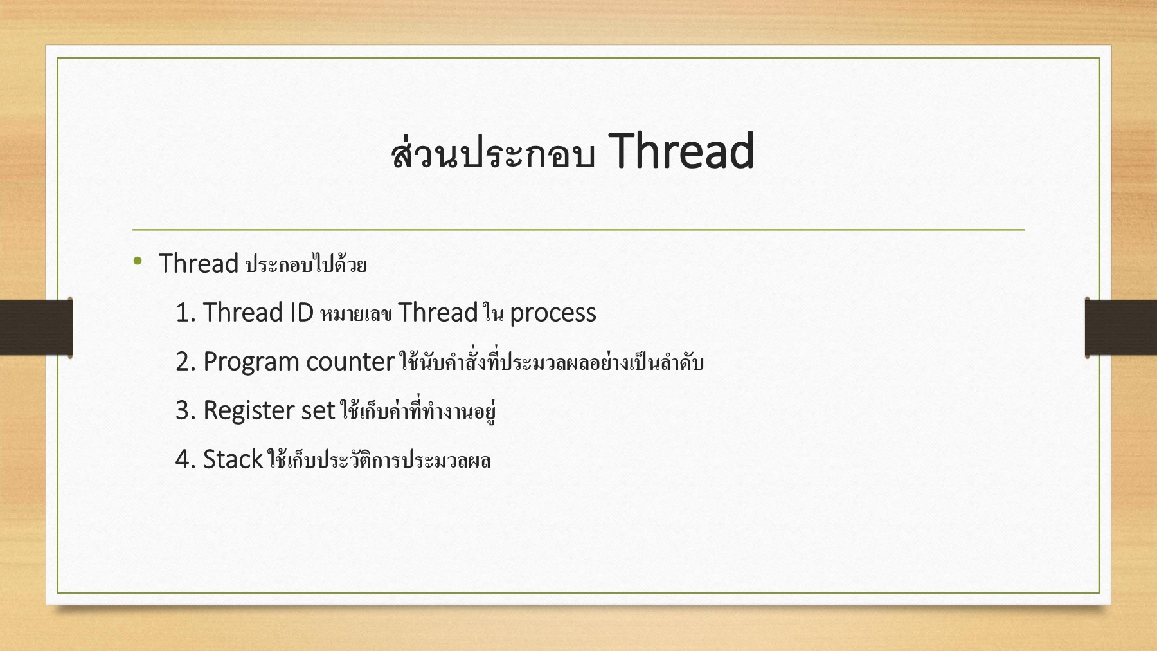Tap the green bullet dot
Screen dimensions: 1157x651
click(x=138, y=261)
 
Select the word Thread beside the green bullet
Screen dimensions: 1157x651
click(x=199, y=264)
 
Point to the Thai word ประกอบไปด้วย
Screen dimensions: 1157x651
click(x=307, y=264)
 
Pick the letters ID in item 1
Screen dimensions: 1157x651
click(x=301, y=313)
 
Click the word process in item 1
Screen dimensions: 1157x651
click(x=553, y=315)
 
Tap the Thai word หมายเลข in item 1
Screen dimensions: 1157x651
click(x=356, y=313)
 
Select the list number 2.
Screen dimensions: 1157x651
click(x=185, y=362)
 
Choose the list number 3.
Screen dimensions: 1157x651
click(x=185, y=410)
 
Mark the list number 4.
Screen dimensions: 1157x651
click(x=185, y=459)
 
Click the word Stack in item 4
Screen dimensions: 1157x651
click(x=233, y=459)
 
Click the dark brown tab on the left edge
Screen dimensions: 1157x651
click(x=36, y=327)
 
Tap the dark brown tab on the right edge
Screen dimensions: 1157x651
click(x=1121, y=327)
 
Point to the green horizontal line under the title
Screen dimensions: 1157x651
click(x=578, y=230)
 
